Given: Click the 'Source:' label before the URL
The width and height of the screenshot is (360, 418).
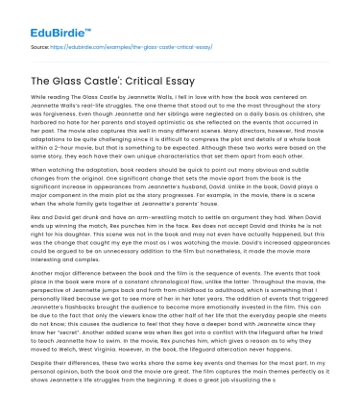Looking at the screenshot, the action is (39, 46).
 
